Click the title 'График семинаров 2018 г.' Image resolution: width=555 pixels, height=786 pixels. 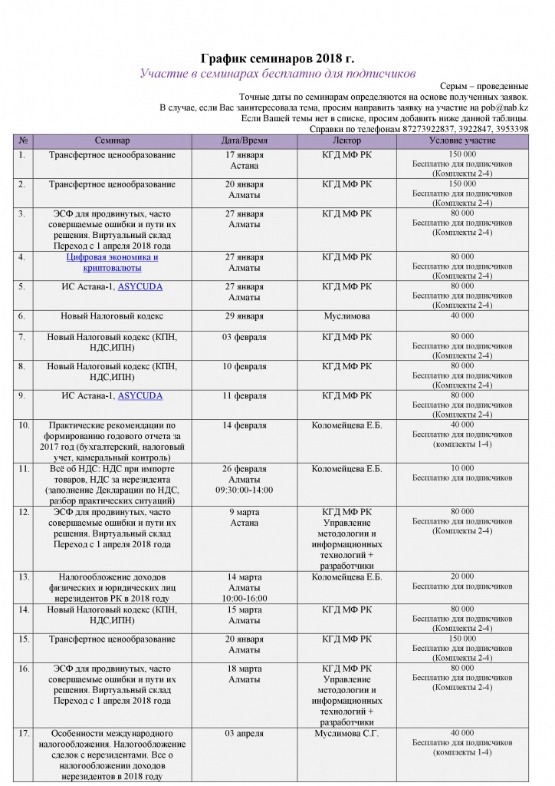[x=277, y=58]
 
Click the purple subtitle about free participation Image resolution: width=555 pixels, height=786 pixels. [x=277, y=74]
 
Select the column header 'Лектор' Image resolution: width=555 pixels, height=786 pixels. [x=347, y=141]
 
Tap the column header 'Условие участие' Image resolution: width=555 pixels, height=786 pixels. [x=462, y=141]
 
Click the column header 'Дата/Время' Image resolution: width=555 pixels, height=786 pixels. [x=245, y=141]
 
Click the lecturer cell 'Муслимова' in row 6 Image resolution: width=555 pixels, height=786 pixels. [x=347, y=315]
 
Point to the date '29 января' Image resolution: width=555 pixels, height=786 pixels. [x=245, y=315]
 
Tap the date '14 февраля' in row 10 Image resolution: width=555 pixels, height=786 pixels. [x=245, y=424]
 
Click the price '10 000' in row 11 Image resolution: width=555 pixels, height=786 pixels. [x=462, y=467]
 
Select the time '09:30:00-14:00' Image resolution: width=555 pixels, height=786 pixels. [x=245, y=489]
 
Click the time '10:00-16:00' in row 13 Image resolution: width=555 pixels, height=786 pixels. [x=245, y=598]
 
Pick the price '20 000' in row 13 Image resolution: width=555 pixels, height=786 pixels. [x=462, y=576]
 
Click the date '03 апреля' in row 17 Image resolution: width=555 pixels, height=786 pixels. [x=245, y=733]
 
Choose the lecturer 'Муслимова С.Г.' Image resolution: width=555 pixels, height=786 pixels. [x=347, y=733]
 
